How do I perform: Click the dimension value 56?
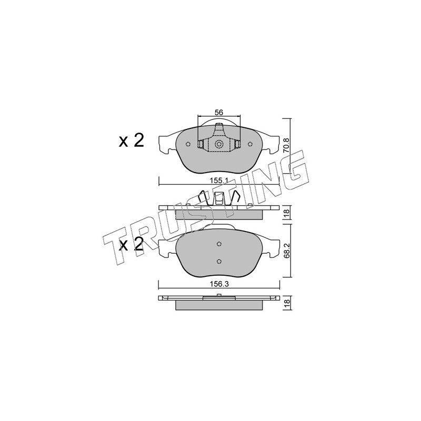219,113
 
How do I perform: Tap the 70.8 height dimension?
286,145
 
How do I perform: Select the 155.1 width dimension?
219,181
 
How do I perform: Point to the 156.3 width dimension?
219,284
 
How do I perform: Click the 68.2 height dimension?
286,251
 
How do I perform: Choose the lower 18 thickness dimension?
286,303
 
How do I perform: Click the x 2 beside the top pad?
132,141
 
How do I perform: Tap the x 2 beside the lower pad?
132,245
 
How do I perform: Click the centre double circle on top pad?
219,144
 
